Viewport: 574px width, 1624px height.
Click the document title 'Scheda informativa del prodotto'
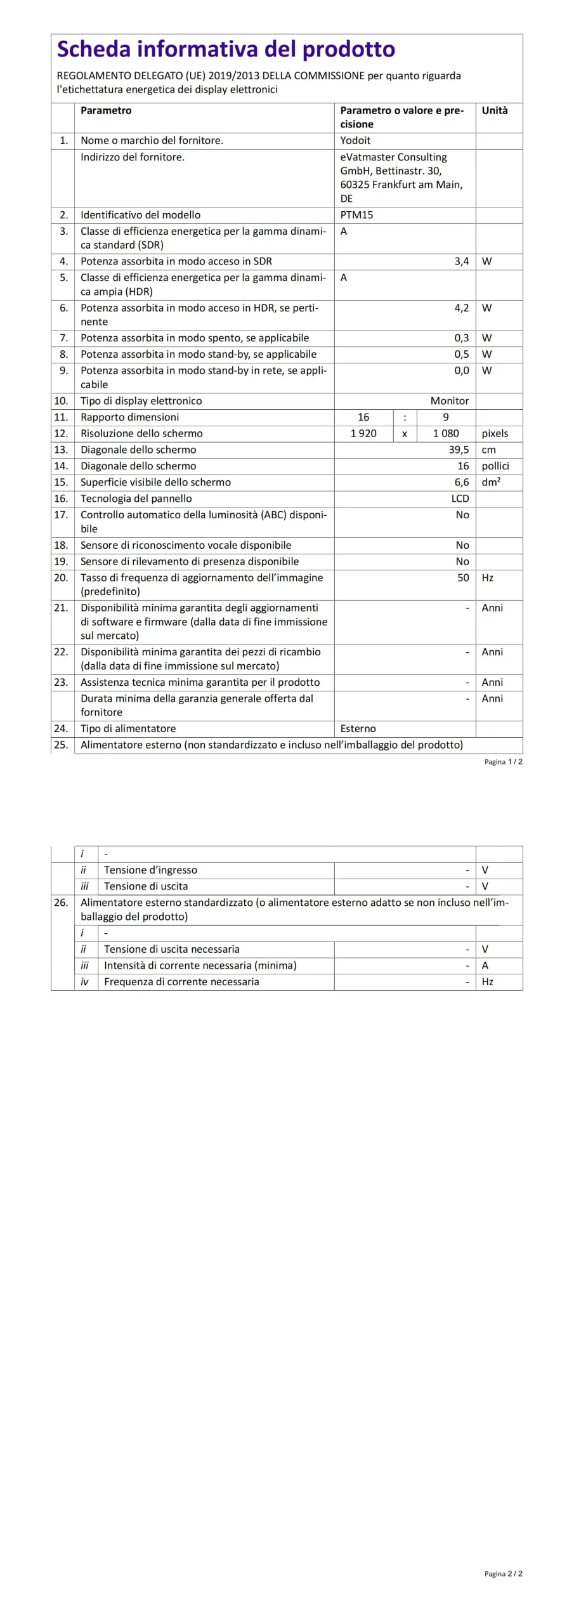pyautogui.click(x=226, y=49)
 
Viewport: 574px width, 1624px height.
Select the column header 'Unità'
pyautogui.click(x=494, y=110)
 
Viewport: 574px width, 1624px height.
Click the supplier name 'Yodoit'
pyautogui.click(x=355, y=140)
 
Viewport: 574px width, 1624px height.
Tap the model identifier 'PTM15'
pyautogui.click(x=356, y=215)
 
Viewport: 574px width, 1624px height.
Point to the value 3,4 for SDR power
pyautogui.click(x=461, y=261)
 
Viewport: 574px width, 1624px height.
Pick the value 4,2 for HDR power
pyautogui.click(x=461, y=308)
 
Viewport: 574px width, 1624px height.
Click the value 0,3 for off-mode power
pyautogui.click(x=461, y=338)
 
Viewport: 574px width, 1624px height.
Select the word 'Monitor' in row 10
pyautogui.click(x=449, y=401)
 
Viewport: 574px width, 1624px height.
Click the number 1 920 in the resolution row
pyautogui.click(x=363, y=434)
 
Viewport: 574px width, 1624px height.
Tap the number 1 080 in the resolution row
pyautogui.click(x=445, y=434)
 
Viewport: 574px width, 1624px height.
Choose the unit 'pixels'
pyautogui.click(x=495, y=434)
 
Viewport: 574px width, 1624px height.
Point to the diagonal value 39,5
pyautogui.click(x=459, y=450)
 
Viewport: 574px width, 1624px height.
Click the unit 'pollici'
pyautogui.click(x=495, y=466)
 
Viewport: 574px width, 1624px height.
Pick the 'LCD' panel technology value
pyautogui.click(x=460, y=499)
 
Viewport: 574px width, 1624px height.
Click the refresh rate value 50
pyautogui.click(x=463, y=578)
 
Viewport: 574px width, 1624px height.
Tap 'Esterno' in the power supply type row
pyautogui.click(x=358, y=729)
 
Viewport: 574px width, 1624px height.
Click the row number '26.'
pyautogui.click(x=61, y=903)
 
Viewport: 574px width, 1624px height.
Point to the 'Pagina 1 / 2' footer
pyautogui.click(x=503, y=762)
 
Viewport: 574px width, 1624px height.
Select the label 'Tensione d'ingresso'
pyautogui.click(x=150, y=870)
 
